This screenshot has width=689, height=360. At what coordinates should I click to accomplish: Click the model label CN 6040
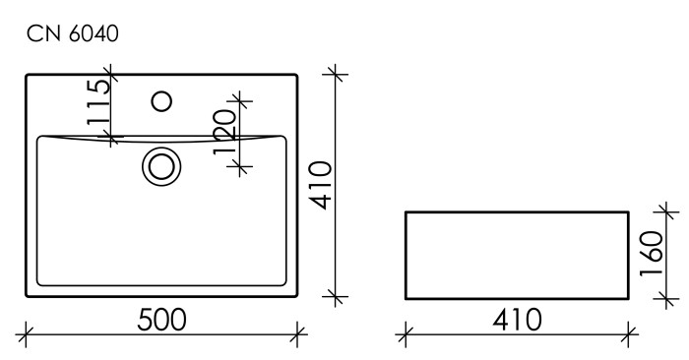pos(73,35)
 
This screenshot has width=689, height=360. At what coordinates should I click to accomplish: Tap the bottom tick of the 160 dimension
pos(670,296)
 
